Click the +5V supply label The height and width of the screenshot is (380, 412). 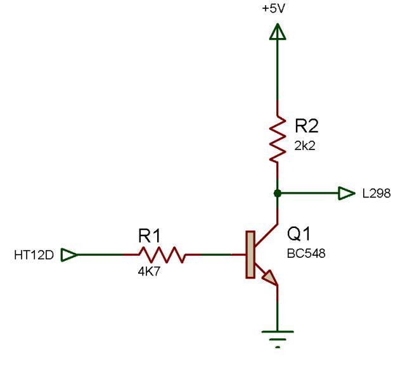[x=274, y=9]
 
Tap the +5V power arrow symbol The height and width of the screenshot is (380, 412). [x=278, y=32]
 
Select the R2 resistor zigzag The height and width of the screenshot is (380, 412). [x=278, y=139]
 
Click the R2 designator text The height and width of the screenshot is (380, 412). [x=306, y=125]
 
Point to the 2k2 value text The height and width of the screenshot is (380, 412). [x=305, y=146]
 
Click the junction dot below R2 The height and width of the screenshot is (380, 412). [x=278, y=193]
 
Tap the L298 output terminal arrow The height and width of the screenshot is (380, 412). [x=347, y=193]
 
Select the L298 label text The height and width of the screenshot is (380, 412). [x=377, y=194]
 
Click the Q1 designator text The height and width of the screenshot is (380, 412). [x=299, y=234]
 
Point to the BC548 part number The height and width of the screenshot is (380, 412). [x=306, y=254]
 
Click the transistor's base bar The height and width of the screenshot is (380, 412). [x=250, y=255]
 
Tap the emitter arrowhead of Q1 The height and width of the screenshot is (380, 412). [x=270, y=278]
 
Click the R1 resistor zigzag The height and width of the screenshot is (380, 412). [x=162, y=255]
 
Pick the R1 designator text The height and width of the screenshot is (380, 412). [x=149, y=236]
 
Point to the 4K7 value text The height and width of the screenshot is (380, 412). [x=149, y=271]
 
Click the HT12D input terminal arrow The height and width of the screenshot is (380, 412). [x=69, y=255]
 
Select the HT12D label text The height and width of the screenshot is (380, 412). [x=34, y=255]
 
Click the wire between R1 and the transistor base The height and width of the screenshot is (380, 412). [x=216, y=255]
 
